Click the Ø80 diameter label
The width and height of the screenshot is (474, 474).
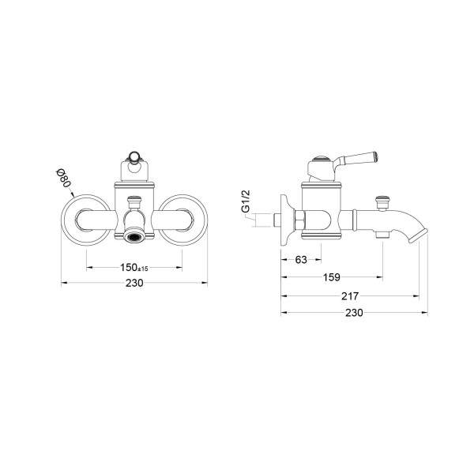(x=64, y=178)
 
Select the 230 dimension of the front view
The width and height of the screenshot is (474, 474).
(x=134, y=284)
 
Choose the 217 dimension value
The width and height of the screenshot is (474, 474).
(x=350, y=296)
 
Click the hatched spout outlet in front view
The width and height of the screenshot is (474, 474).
(x=135, y=235)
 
